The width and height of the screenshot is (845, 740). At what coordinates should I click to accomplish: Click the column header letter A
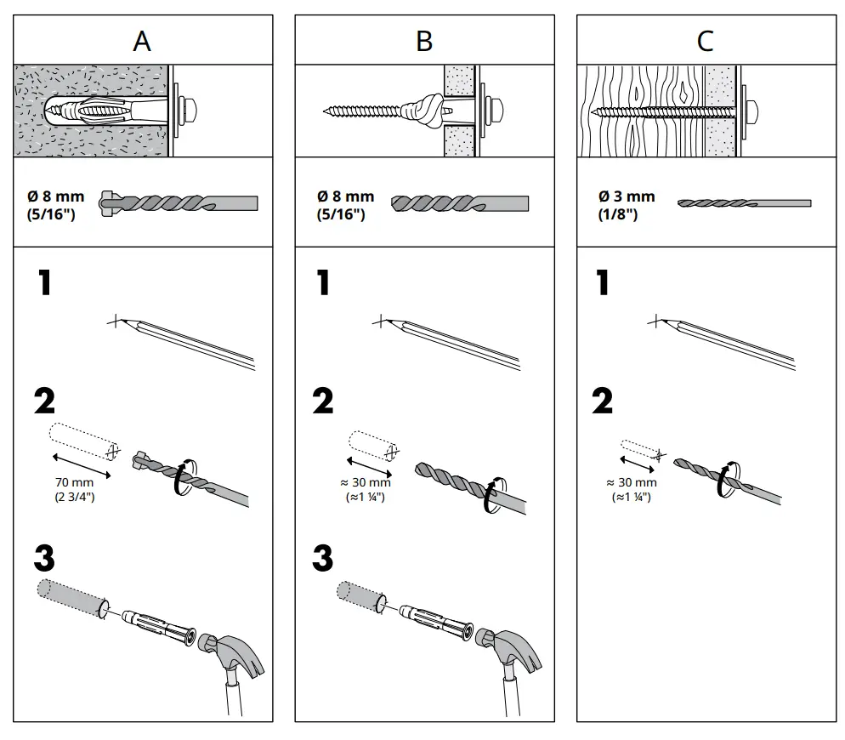142,41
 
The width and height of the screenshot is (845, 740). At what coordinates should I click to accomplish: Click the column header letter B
424,41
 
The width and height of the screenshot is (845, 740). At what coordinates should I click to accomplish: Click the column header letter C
705,41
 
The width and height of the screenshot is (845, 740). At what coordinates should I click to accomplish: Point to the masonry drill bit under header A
179,203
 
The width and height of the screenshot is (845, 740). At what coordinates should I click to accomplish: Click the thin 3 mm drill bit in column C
743,203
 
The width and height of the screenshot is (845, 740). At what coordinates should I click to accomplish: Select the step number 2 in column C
602,401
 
